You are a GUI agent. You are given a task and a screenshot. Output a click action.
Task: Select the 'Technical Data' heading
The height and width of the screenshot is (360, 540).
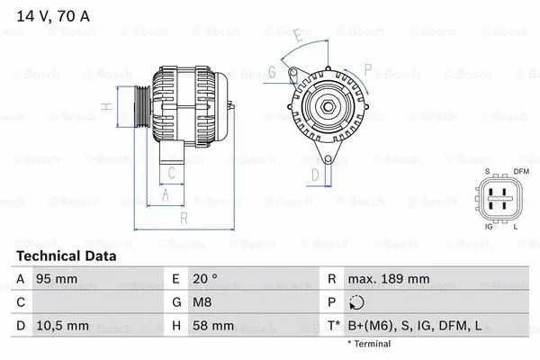click(66, 256)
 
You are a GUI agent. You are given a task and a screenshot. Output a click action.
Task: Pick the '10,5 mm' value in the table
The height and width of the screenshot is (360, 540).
click(60, 324)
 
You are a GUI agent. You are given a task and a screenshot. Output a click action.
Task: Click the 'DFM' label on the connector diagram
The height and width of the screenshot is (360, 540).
click(520, 171)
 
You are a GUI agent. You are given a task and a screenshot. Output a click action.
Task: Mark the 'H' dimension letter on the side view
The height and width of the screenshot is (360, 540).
click(105, 107)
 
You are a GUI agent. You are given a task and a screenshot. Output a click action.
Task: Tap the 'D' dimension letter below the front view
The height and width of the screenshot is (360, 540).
click(315, 174)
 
